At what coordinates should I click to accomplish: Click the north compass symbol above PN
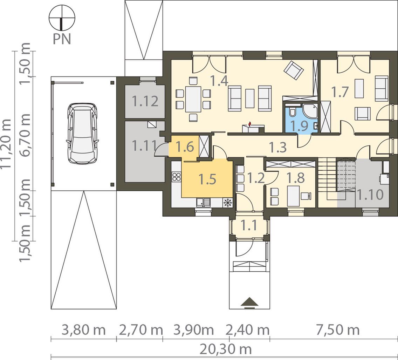62,18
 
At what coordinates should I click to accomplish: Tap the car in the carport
82,133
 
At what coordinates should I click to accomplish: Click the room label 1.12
145,101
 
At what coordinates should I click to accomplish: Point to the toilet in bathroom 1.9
292,111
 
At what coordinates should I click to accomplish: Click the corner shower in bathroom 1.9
310,110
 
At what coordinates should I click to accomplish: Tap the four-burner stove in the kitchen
177,177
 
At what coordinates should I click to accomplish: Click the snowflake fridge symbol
228,203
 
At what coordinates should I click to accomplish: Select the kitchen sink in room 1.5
203,203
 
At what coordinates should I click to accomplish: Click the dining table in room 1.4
193,99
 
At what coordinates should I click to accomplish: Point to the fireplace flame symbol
250,124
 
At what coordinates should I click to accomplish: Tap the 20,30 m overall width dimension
226,349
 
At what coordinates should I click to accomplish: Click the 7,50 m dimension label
338,330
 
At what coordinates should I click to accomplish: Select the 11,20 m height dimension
6,143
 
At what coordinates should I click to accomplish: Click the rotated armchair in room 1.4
294,70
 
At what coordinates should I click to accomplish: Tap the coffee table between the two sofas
250,98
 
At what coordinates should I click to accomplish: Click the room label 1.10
370,195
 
